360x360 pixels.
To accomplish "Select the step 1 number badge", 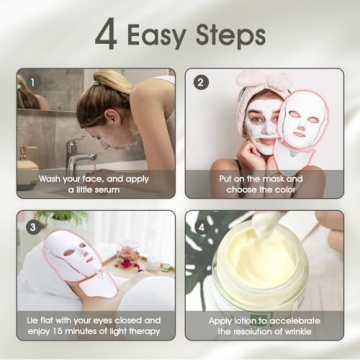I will tap(33, 83).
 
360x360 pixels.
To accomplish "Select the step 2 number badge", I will tap(201, 83).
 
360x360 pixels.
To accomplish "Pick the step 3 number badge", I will tap(33, 227).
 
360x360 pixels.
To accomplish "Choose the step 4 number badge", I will tap(201, 227).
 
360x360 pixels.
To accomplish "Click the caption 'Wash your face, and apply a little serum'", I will tap(95, 183).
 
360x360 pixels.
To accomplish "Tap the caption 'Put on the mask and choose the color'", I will tap(264, 183).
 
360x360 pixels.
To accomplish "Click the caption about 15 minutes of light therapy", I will tap(95, 325).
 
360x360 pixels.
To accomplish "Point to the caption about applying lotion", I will tap(264, 325).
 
